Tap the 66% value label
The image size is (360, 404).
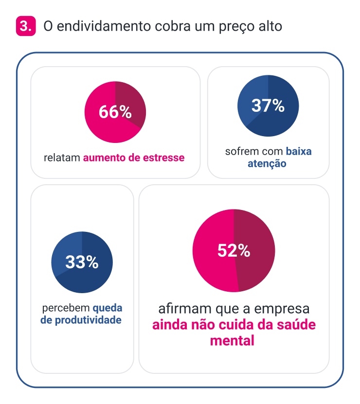click(115, 112)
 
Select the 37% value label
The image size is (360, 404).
click(268, 105)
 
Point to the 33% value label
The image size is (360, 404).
click(82, 263)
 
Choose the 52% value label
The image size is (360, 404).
click(234, 251)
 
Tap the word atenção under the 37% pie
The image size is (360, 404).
click(267, 164)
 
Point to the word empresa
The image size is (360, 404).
click(283, 309)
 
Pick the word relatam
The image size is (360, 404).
click(62, 158)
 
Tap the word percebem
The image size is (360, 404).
click(66, 308)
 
